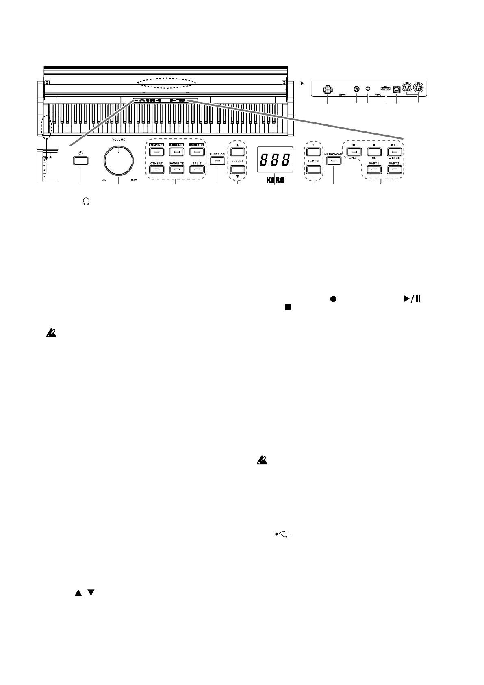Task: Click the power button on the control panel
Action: (x=80, y=161)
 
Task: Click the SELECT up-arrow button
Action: (x=237, y=152)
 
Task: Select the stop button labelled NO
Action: (x=373, y=152)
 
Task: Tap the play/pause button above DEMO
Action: (x=394, y=152)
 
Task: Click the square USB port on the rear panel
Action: (x=397, y=89)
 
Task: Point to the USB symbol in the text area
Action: (x=282, y=535)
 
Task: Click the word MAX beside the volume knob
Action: (x=133, y=180)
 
